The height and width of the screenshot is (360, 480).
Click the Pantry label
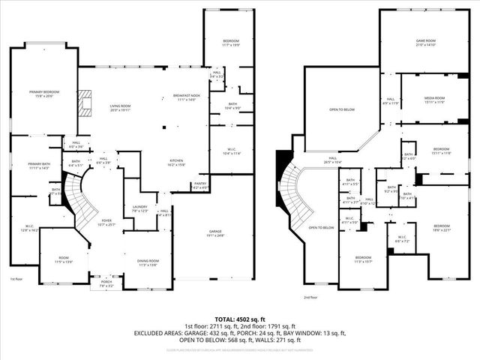pos(200,184)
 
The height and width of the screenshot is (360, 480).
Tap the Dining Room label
pos(147,262)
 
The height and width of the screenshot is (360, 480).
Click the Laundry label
pos(139,208)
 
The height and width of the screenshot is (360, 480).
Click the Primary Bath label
pos(37,166)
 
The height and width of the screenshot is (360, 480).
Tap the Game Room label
pos(426,42)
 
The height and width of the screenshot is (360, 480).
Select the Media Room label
pos(435,99)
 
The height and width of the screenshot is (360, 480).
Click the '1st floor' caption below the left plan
pos(16,279)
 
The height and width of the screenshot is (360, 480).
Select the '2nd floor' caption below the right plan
pos(311,297)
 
